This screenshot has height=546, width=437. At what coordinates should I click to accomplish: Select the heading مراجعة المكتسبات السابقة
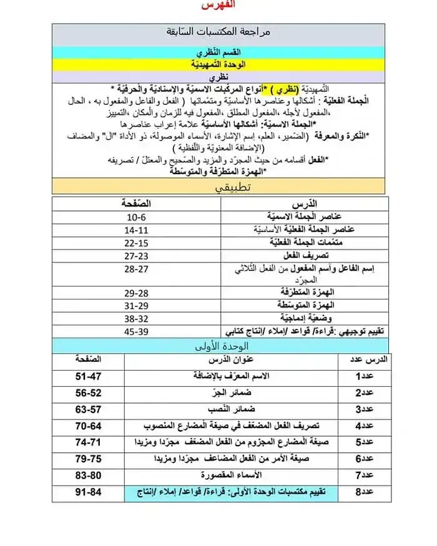(219, 31)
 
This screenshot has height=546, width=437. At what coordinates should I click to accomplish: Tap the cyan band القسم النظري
(219, 52)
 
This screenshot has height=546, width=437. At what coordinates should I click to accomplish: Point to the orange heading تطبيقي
(219, 187)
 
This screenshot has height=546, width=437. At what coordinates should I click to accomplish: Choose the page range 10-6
(136, 217)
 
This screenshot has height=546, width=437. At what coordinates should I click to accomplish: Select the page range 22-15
(136, 243)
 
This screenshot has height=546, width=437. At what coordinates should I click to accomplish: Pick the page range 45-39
(136, 331)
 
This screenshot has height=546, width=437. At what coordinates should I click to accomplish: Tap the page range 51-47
(87, 377)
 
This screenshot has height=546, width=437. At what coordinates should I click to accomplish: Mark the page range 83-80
(87, 475)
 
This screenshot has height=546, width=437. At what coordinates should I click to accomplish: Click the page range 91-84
(87, 492)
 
